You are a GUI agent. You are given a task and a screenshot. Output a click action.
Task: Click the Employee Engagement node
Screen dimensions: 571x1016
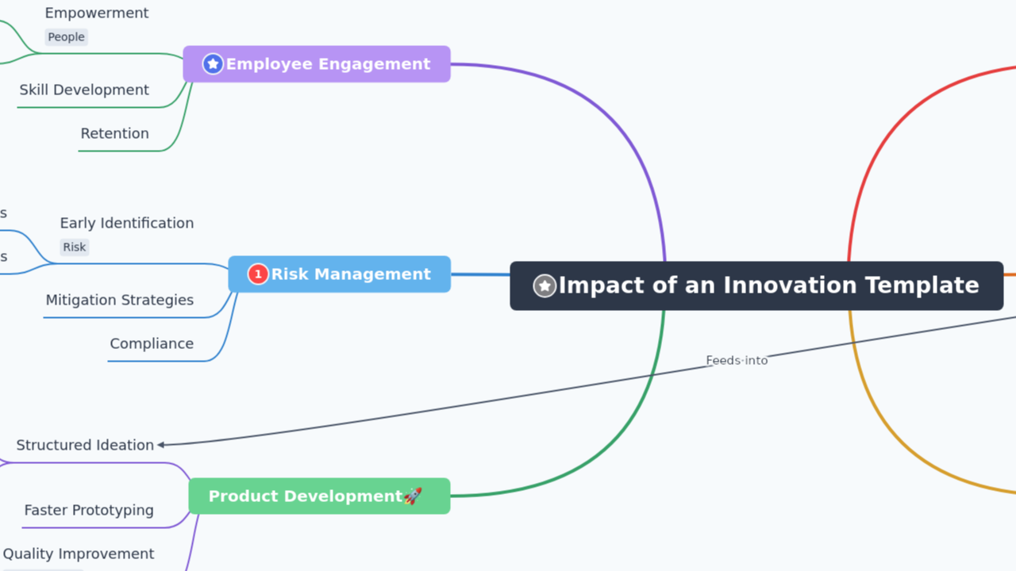click(317, 64)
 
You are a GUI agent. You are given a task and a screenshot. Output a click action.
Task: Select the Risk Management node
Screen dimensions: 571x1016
click(340, 274)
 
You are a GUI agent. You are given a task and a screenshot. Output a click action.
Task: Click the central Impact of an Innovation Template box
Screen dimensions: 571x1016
click(756, 285)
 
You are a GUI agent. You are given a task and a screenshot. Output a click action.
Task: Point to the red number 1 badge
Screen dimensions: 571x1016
click(258, 274)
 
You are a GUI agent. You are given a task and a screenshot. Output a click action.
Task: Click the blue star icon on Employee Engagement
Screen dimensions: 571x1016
click(213, 64)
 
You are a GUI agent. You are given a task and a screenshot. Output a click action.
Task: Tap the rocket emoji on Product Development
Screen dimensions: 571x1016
click(413, 496)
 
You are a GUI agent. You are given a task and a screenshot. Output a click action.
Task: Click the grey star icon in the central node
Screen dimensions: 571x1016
click(545, 285)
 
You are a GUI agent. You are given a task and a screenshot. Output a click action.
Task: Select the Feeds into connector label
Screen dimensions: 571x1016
click(737, 360)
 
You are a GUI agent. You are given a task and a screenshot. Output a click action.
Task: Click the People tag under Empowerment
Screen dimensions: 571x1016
click(66, 37)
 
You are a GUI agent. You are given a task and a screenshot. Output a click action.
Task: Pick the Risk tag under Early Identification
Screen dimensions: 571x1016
click(75, 247)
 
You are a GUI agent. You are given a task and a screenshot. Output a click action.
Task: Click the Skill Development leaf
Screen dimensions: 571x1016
click(84, 90)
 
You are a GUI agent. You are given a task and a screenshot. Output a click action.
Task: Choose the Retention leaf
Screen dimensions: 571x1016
click(114, 134)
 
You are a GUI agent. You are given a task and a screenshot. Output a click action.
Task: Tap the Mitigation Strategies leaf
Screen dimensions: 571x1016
click(119, 301)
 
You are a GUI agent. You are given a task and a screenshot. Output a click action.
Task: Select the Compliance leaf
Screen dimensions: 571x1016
click(152, 344)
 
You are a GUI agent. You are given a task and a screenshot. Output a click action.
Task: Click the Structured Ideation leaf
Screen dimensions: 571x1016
click(85, 446)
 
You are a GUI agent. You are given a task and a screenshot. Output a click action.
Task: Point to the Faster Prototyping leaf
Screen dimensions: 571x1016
click(89, 511)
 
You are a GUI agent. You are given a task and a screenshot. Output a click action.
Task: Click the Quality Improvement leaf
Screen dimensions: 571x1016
click(79, 554)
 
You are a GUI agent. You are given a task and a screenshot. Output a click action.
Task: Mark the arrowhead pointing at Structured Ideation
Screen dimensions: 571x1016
click(161, 445)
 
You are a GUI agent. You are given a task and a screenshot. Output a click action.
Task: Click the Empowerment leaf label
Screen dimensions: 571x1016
click(96, 13)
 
